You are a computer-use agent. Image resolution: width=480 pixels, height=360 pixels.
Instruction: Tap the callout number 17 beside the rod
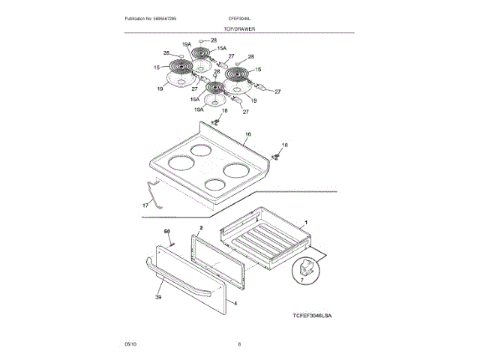click(x=145, y=205)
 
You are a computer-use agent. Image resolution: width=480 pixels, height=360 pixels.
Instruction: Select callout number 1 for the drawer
click(x=305, y=223)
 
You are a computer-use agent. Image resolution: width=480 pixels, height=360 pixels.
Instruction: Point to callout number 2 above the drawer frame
click(x=201, y=226)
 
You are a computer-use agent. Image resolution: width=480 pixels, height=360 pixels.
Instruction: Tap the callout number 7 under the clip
click(x=301, y=279)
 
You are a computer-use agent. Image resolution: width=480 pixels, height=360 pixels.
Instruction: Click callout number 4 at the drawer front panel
click(x=235, y=304)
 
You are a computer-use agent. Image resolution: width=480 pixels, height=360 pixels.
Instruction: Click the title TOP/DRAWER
click(x=239, y=28)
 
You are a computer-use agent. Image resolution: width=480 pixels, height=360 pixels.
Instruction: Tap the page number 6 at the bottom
click(x=239, y=344)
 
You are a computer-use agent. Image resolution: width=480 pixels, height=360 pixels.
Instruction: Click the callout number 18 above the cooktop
click(x=223, y=110)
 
